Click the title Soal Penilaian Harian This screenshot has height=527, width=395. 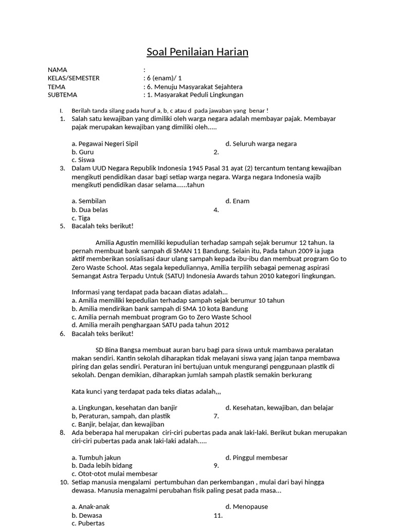point(197,52)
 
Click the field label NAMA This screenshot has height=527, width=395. point(57,70)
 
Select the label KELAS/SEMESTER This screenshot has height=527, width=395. point(74,78)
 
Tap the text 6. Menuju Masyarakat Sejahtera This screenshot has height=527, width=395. point(194,86)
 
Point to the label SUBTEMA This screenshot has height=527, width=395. point(62,95)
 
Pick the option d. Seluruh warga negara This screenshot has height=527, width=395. point(261,144)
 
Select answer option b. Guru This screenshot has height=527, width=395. point(83,152)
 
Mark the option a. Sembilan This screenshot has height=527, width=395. point(89,201)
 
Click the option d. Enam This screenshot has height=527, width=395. point(237,201)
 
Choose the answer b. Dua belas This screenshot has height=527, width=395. point(90,209)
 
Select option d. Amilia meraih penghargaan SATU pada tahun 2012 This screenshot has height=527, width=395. point(150,325)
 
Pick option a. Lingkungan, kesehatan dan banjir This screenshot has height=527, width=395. point(124,408)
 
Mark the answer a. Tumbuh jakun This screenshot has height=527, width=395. point(96,457)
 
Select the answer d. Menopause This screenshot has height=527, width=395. point(246,506)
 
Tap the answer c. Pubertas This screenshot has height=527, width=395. point(88,523)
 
